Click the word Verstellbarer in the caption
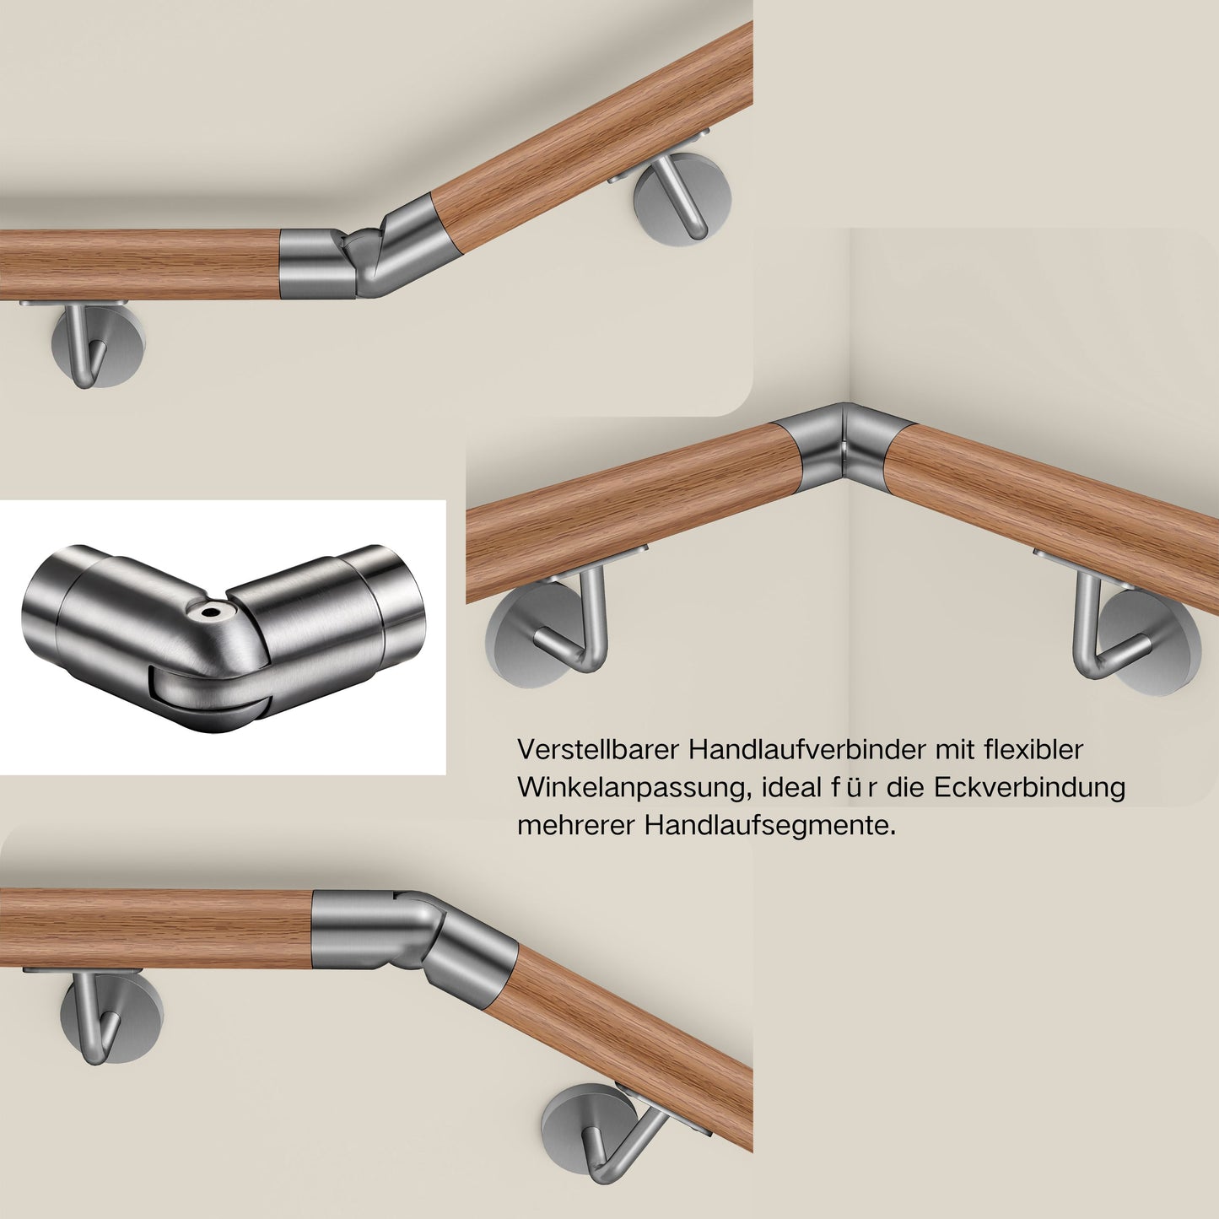598,750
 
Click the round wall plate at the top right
682,197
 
